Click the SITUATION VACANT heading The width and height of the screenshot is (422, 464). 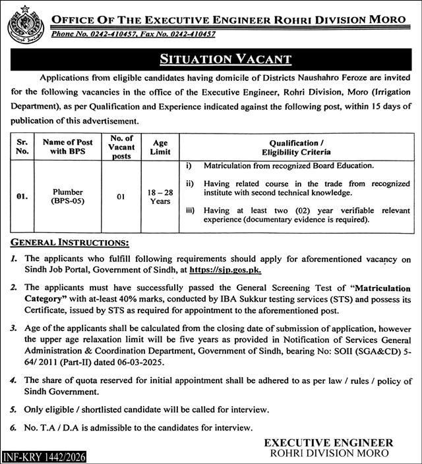[x=226, y=59]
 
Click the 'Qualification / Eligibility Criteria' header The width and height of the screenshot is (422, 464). [x=293, y=146]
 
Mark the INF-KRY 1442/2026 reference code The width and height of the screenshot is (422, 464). [x=43, y=457]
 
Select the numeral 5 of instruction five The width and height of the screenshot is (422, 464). [x=13, y=409]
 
